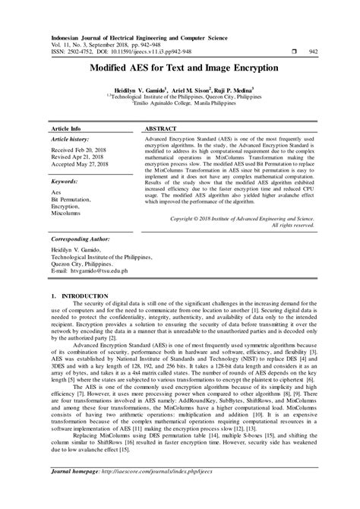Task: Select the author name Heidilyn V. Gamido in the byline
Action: [x=140, y=90]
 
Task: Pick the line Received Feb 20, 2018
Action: [x=79, y=152]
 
